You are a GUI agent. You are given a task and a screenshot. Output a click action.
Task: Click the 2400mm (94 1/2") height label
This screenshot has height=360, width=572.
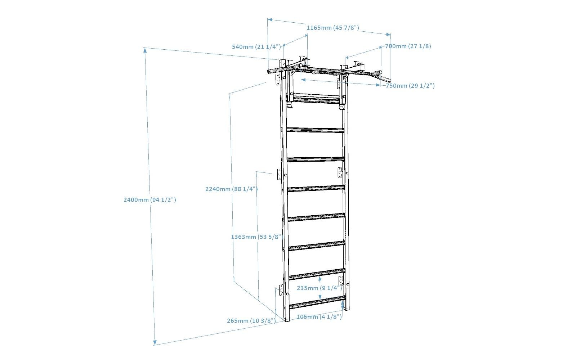(x=150, y=200)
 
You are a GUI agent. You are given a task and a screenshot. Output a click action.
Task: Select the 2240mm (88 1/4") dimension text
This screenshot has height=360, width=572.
(x=232, y=189)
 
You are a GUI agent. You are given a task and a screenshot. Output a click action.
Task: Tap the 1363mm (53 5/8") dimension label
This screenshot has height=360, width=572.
(x=256, y=237)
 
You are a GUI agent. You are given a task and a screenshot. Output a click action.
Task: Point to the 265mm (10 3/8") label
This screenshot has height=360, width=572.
(x=251, y=321)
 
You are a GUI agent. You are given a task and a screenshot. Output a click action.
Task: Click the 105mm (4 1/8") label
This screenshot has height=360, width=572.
(x=319, y=317)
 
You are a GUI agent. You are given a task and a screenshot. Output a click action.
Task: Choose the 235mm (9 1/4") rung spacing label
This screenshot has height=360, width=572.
(x=319, y=288)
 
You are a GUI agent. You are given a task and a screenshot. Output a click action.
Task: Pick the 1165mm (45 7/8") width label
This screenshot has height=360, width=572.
(x=333, y=28)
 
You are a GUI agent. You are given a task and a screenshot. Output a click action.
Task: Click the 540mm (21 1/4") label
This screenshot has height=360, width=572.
(x=256, y=47)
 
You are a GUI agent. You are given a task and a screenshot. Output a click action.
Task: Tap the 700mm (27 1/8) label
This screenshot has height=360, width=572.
(x=408, y=46)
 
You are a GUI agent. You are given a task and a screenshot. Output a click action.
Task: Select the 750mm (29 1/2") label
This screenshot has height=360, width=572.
(x=410, y=86)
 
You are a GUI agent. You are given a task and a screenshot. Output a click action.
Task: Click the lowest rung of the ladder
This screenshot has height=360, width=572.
(x=317, y=302)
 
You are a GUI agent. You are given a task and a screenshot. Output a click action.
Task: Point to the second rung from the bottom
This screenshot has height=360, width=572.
(x=317, y=274)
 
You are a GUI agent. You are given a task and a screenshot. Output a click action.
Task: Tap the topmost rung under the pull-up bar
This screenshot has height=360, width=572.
(x=316, y=98)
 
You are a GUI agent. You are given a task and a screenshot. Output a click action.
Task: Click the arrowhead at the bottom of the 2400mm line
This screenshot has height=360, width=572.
(x=155, y=342)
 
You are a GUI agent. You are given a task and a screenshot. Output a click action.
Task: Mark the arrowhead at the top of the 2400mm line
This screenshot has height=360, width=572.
(x=145, y=50)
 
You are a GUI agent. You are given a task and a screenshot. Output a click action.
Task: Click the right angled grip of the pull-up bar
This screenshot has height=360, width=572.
(x=380, y=77)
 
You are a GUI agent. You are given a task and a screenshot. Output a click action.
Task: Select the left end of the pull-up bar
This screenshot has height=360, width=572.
(x=269, y=71)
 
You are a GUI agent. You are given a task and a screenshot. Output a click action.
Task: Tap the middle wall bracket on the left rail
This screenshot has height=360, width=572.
(x=280, y=174)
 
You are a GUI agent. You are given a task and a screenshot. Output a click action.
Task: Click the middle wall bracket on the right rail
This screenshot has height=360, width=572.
(x=340, y=172)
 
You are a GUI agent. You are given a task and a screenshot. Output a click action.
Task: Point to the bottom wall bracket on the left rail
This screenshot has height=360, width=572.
(x=281, y=290)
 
